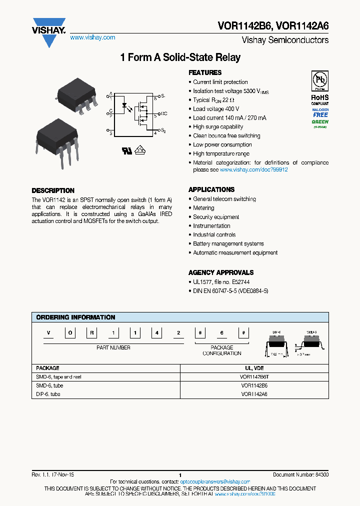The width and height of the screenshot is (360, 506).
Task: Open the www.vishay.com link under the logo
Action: coord(92,37)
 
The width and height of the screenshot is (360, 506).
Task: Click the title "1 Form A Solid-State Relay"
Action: coord(180,57)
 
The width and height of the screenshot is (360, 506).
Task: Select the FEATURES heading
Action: coord(205,72)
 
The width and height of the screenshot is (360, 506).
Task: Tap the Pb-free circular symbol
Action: coord(319,80)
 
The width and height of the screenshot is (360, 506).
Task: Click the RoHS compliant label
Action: coord(319,99)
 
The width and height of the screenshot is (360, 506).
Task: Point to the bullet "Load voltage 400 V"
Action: coord(216,109)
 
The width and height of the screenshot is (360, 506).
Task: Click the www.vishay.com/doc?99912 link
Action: coord(253,170)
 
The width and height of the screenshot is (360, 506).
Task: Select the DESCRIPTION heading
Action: coord(53,190)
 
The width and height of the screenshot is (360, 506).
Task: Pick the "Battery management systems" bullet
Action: coord(228,244)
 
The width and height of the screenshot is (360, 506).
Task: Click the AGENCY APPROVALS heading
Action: coord(220,272)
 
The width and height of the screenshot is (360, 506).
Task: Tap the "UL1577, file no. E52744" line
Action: coord(221,282)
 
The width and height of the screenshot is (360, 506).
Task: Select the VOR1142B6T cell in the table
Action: coord(254,377)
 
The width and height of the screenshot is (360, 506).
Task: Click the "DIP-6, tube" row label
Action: coord(48,394)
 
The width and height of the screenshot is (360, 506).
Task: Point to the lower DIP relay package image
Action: coord(57,137)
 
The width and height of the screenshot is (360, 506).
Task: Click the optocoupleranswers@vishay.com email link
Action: coord(214,481)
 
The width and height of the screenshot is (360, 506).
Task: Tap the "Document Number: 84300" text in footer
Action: coord(300,474)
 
